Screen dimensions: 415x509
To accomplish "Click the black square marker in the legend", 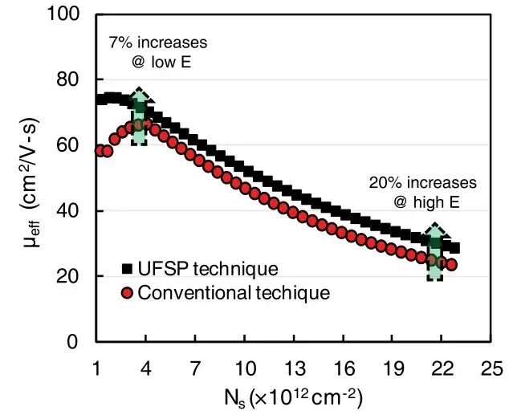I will (x=126, y=268).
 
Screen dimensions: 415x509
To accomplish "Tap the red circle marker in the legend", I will (x=126, y=293).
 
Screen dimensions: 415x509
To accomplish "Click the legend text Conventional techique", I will (x=234, y=293).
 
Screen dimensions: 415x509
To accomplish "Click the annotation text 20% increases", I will (x=422, y=183).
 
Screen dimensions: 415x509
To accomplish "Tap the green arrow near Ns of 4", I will (x=140, y=117).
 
